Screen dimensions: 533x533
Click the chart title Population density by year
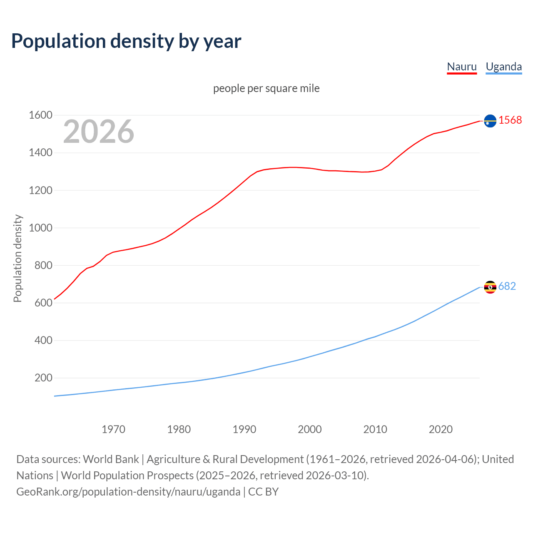(x=126, y=41)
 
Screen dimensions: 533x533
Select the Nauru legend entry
(x=461, y=67)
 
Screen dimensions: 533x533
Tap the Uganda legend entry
(x=503, y=67)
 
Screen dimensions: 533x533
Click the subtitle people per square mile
(x=266, y=88)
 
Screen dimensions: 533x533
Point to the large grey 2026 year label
(x=99, y=132)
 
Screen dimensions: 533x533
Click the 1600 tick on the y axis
(x=40, y=115)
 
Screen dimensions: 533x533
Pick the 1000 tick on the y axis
(x=40, y=228)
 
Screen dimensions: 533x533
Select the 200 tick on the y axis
(x=43, y=378)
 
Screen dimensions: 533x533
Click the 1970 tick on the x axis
(x=113, y=429)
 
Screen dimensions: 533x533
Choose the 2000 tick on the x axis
(x=309, y=429)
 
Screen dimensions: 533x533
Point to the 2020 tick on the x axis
(x=441, y=429)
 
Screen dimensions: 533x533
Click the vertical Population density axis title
(x=17, y=258)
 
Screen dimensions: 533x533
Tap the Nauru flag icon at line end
(x=490, y=121)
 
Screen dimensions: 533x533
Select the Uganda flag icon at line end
(x=490, y=287)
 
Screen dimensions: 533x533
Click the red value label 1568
(x=510, y=120)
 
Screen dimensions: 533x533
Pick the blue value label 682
(x=507, y=286)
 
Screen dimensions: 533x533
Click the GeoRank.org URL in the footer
(x=128, y=492)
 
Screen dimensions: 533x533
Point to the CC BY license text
(x=263, y=492)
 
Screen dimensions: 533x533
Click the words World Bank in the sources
(x=111, y=459)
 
